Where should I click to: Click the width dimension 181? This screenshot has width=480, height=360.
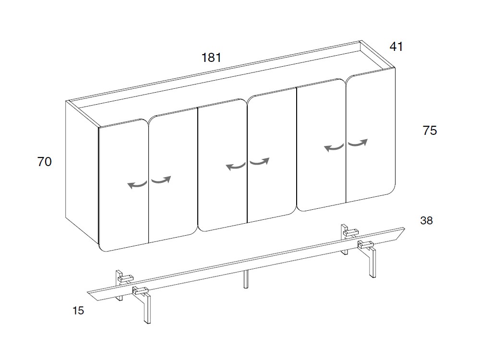point(211,58)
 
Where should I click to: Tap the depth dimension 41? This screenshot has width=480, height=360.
point(396,47)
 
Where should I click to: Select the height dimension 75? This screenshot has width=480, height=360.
point(430,131)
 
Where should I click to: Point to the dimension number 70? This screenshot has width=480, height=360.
point(44,162)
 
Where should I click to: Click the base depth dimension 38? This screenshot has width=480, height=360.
point(426,220)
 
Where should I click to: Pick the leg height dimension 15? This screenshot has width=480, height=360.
point(78,311)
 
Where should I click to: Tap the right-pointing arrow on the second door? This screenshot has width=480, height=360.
point(161,180)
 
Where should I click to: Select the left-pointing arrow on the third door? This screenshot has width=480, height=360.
point(235,166)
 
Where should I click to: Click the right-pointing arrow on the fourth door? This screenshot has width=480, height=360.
point(260,161)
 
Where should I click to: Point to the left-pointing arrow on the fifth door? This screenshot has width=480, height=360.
point(334,147)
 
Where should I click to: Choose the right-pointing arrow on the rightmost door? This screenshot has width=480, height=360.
point(358,143)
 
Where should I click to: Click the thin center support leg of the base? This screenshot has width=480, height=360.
point(245,279)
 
